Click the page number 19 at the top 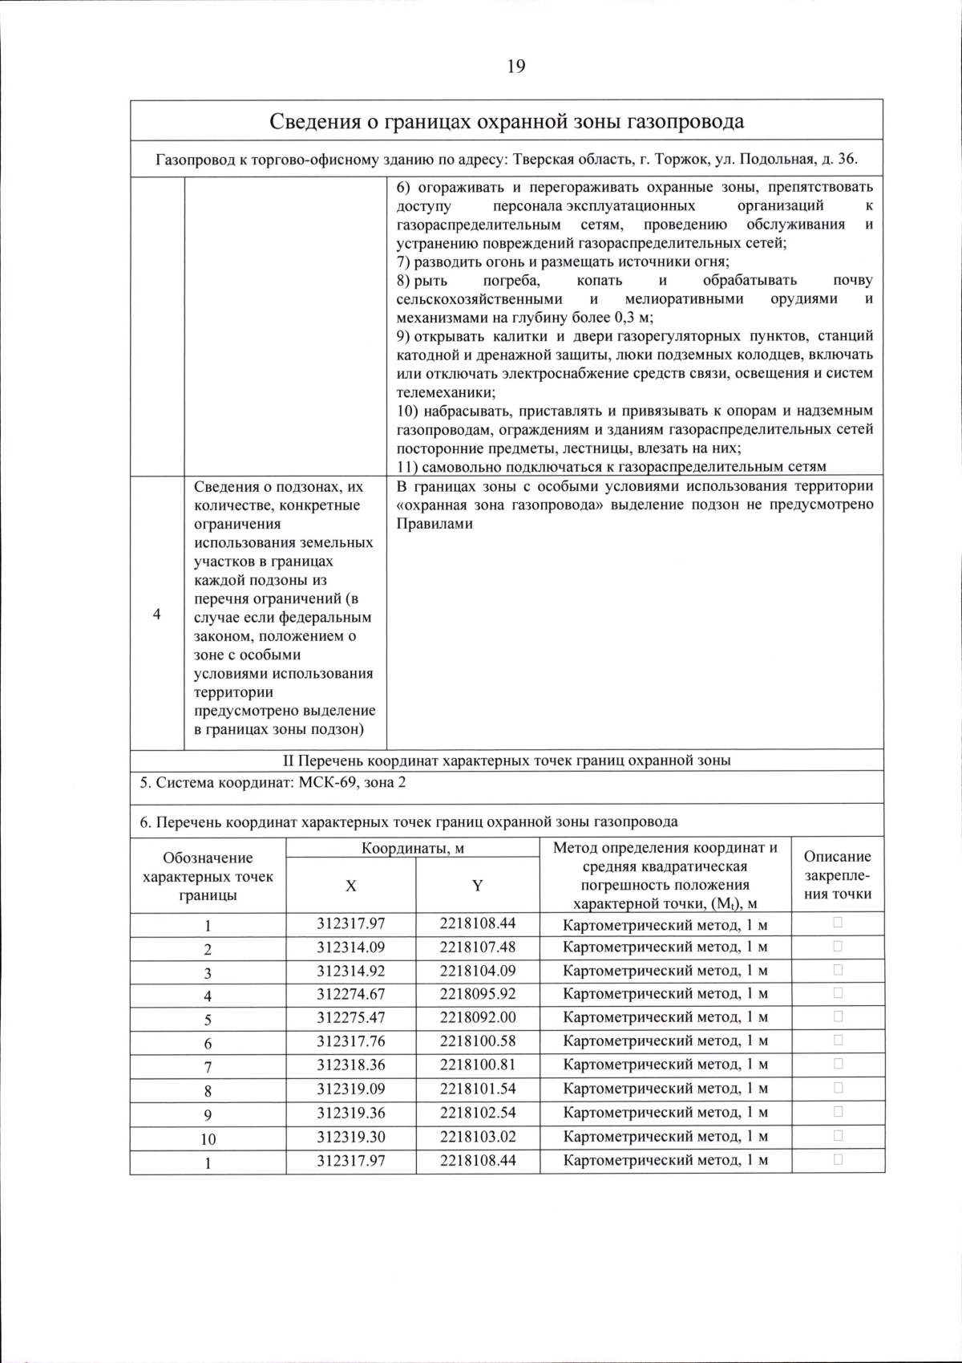pos(515,67)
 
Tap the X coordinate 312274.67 pos(350,994)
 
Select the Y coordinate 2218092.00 pos(477,1017)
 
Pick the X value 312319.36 pos(350,1112)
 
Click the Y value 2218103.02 pos(477,1136)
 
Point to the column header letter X pos(350,886)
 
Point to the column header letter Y pos(477,886)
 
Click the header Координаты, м pos(412,848)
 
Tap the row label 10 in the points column pos(208,1138)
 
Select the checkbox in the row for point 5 pos(838,1016)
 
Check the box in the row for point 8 pos(838,1088)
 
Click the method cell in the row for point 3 pos(665,971)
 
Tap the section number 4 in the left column pos(156,615)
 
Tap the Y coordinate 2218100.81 pos(477,1065)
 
